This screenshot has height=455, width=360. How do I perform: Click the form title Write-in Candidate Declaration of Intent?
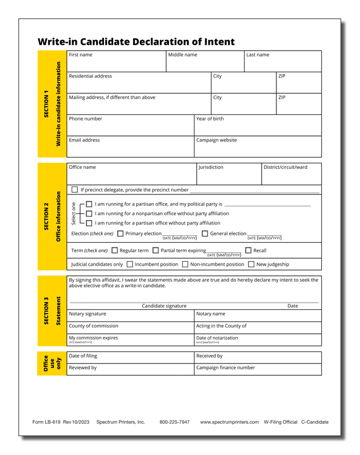[136, 42]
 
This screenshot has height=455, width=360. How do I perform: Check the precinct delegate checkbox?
[75, 189]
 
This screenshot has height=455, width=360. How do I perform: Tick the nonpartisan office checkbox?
[89, 213]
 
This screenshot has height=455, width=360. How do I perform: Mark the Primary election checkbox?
[120, 233]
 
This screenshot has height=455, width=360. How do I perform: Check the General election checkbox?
[205, 233]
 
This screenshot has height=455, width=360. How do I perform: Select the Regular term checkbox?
[115, 250]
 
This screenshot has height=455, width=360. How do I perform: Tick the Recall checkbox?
[248, 250]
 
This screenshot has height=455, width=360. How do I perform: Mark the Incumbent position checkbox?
[130, 264]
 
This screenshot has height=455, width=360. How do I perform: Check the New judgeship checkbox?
[251, 264]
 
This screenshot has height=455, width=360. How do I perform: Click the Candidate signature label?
[164, 306]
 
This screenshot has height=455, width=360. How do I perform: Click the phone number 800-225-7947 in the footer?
[175, 422]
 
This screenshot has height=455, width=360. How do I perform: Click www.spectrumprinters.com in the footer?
[229, 422]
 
